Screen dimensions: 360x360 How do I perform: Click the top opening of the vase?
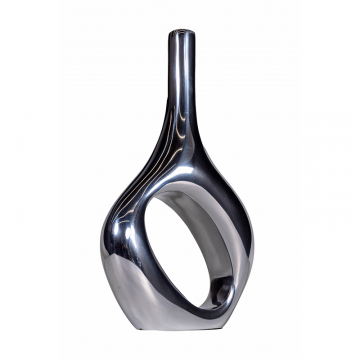coord(181,33)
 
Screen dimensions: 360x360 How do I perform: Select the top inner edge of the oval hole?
coord(204,184)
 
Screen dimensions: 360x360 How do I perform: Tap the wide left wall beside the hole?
coord(130,250)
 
